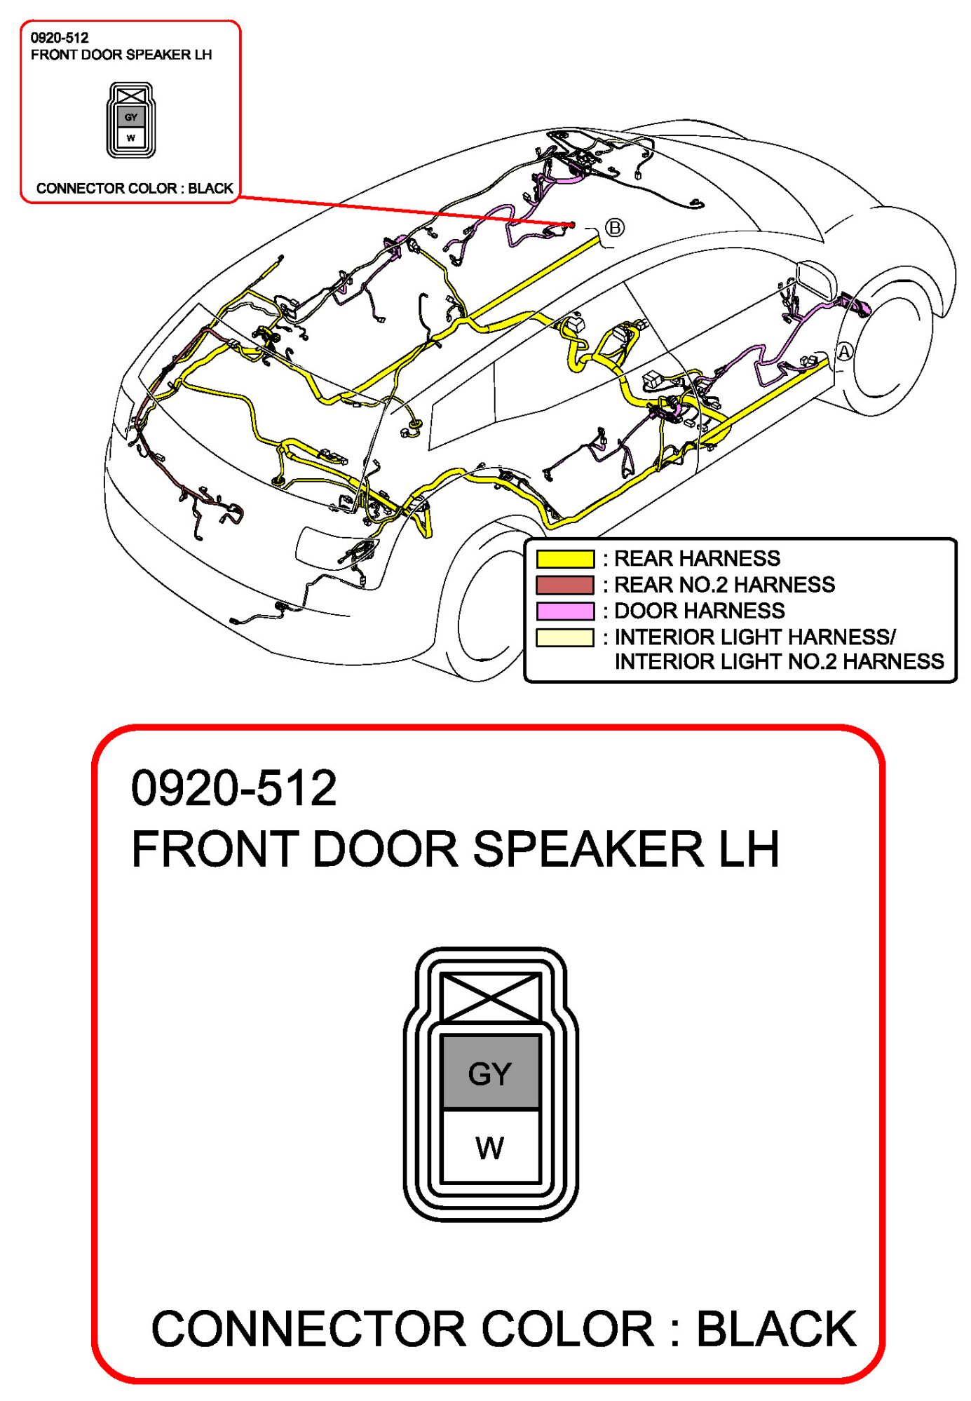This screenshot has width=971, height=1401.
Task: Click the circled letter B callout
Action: tap(614, 228)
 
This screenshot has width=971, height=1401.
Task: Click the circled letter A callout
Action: tap(844, 351)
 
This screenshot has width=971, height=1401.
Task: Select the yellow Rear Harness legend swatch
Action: tap(564, 559)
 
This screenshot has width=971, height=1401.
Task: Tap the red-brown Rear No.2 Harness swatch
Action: tap(564, 585)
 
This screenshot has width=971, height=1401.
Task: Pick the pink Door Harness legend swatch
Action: tap(564, 611)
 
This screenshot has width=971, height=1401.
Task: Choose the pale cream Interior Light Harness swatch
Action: tap(564, 637)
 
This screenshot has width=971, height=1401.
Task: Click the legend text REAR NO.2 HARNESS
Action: tap(724, 585)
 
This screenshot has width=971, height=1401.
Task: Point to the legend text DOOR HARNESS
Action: tap(699, 611)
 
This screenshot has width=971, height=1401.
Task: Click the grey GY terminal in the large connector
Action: tap(490, 1072)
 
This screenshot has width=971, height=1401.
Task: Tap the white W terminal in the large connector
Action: tap(490, 1147)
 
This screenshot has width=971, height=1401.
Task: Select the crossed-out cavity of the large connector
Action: tap(490, 996)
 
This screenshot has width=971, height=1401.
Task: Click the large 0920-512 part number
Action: tap(233, 788)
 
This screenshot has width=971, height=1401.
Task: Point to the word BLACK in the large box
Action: tap(775, 1329)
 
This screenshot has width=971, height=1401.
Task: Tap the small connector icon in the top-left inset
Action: tap(131, 120)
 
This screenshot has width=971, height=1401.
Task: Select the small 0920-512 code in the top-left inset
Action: tap(60, 39)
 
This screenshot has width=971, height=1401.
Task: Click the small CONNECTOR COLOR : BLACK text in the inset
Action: tap(134, 189)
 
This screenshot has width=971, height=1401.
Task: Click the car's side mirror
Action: tap(817, 280)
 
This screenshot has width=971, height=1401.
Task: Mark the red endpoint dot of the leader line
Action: tap(572, 224)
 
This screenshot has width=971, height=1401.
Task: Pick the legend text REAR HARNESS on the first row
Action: tap(697, 559)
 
